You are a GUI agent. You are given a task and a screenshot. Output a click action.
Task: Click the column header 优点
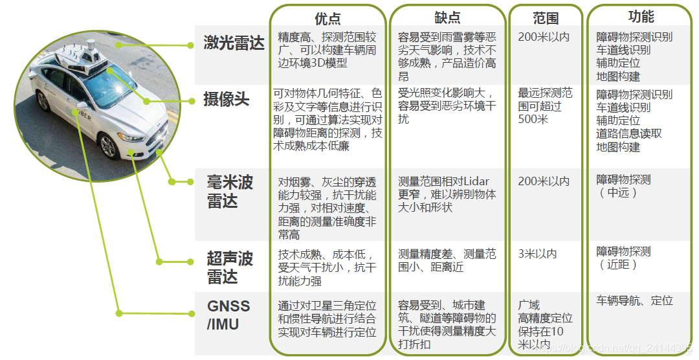click(327, 18)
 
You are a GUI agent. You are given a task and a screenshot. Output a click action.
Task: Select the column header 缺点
click(447, 18)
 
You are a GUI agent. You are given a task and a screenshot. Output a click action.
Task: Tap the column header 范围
click(546, 18)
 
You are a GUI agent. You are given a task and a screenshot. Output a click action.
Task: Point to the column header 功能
click(641, 17)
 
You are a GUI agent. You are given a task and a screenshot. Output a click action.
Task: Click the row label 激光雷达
click(234, 44)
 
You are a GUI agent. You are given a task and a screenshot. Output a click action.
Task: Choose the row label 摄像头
click(226, 100)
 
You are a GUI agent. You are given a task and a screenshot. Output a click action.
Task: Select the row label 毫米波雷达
click(230, 191)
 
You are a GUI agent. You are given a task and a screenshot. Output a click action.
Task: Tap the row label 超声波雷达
click(230, 267)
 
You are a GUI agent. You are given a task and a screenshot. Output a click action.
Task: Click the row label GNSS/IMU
click(228, 315)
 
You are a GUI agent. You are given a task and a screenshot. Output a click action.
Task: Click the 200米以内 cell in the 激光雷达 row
click(544, 37)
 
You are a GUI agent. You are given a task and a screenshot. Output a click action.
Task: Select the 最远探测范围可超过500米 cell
click(545, 106)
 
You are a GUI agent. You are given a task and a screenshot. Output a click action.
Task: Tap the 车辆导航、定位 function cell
click(634, 301)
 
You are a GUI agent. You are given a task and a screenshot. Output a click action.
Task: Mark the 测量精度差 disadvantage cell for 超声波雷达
click(447, 260)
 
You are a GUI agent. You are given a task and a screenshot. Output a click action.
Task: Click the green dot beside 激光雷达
click(190, 45)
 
